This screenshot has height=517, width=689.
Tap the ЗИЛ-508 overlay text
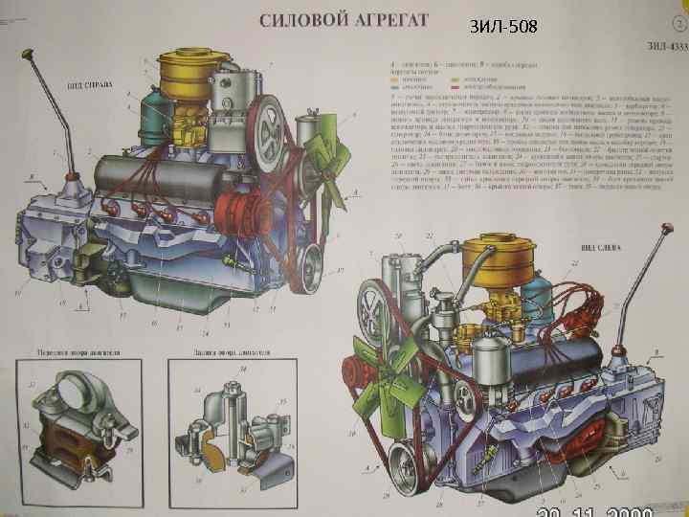coord(505,27)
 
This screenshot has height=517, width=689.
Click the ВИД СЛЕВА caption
coord(598,248)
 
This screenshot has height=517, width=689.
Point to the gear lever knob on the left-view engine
coord(664,230)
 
